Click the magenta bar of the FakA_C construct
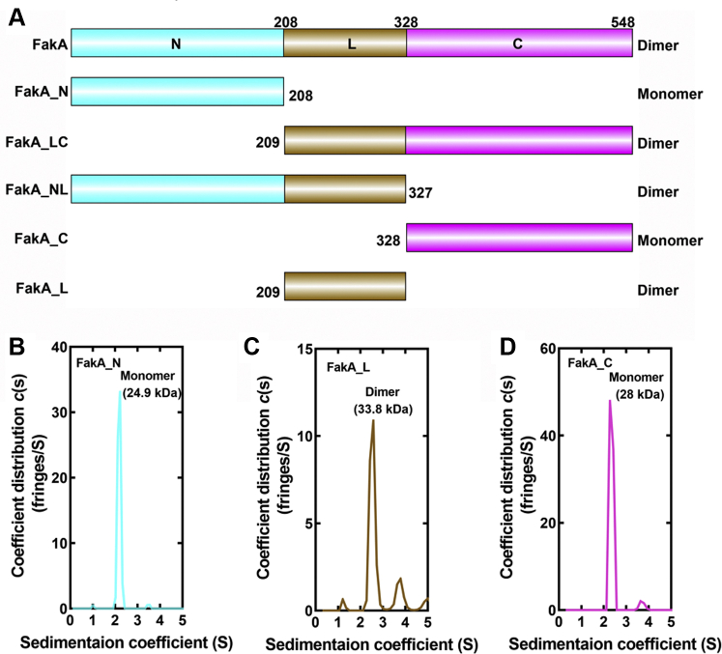point(519,238)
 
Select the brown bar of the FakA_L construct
point(345,288)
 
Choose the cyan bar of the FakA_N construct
point(177,91)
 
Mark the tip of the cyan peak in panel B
point(120,391)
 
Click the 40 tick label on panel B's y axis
point(56,347)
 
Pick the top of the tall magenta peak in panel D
point(609,400)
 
